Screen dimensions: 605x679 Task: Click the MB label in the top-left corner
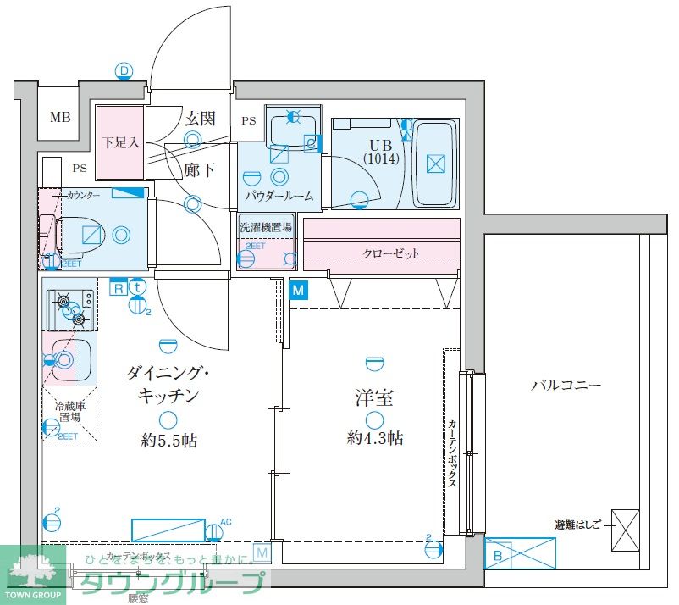59,118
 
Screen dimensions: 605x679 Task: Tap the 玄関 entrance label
202,119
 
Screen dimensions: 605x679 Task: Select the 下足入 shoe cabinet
119,142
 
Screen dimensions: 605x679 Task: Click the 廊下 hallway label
199,169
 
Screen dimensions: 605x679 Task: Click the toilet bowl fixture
85,235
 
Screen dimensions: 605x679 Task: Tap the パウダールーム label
279,196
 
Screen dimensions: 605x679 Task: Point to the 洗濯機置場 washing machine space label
266,227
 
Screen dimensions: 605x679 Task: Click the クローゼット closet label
391,253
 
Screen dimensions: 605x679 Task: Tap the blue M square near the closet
298,291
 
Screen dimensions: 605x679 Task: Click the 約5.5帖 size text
170,440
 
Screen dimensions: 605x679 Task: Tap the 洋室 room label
373,397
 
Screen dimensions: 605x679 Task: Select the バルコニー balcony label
566,385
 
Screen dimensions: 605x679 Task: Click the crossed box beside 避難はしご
625,530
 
